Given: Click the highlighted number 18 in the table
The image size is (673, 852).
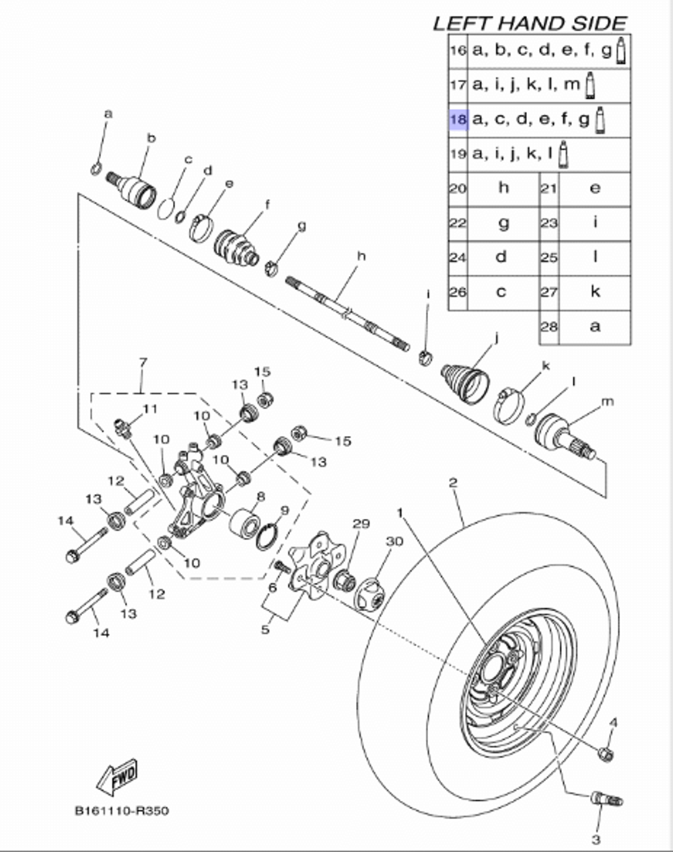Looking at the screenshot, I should coord(458,120).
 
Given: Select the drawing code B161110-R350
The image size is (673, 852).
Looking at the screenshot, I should coord(122,810).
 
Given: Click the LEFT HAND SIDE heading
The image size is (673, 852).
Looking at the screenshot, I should coord(530,23).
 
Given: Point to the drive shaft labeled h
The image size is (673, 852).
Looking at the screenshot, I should coord(347,312).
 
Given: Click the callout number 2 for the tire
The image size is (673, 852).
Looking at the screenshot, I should coord(453,483).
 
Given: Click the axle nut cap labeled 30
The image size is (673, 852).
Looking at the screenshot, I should coord(370,594).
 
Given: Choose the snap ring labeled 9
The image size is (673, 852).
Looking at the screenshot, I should coord(267,536).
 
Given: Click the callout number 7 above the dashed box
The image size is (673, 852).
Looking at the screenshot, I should coord(142,363).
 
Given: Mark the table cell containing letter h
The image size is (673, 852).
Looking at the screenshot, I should coord(503,188).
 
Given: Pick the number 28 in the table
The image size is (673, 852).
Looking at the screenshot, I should coord(549,326).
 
